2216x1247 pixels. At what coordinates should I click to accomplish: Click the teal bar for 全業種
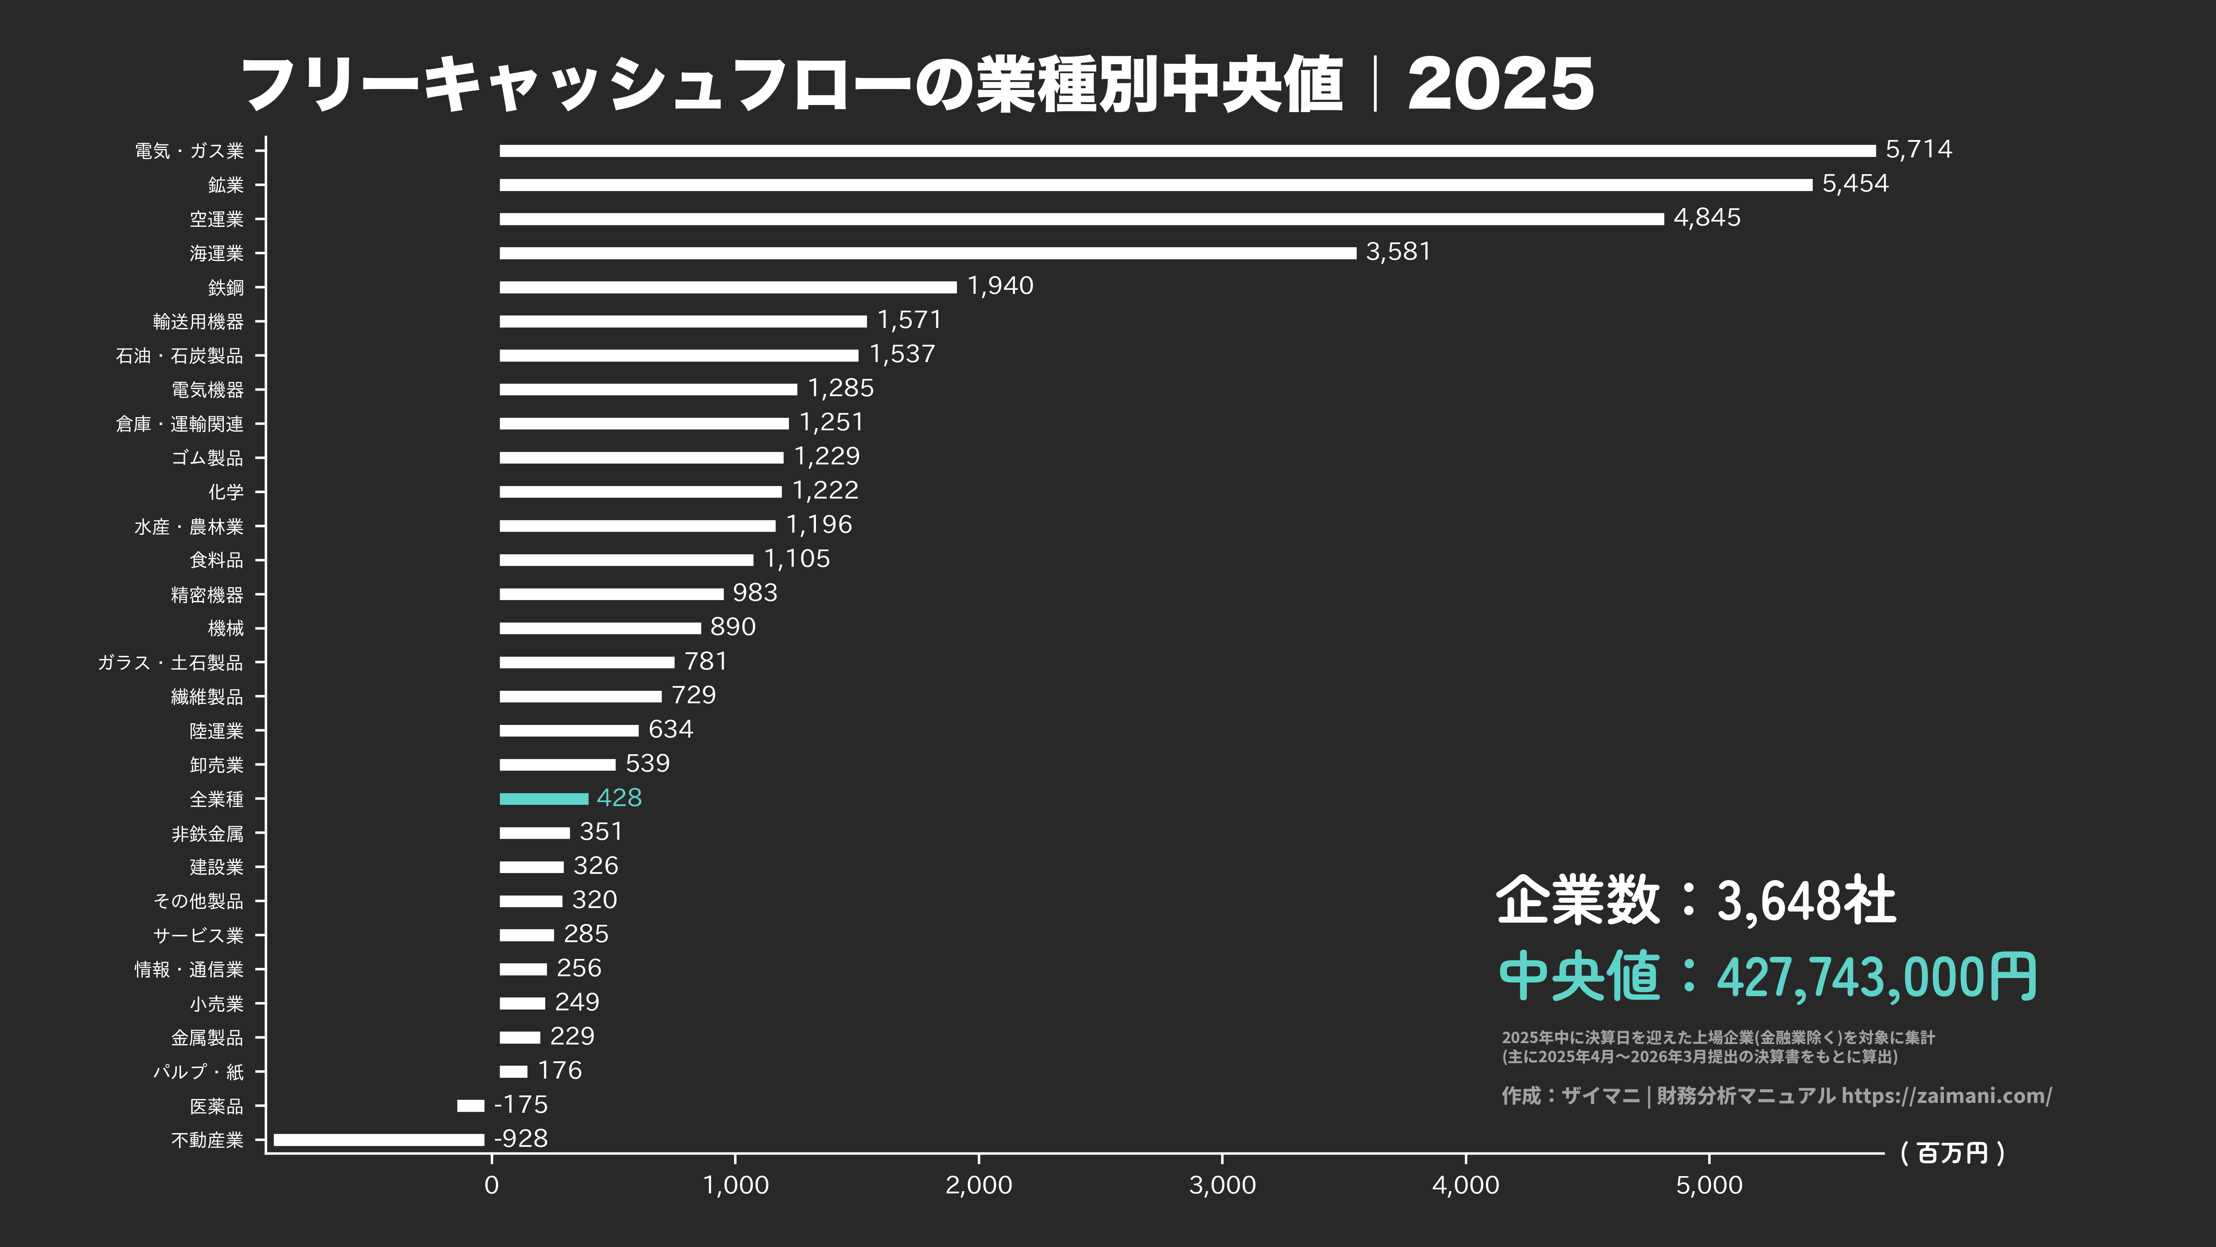point(544,799)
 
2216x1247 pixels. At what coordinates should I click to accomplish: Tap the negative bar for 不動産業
point(378,1140)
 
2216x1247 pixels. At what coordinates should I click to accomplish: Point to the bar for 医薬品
point(471,1106)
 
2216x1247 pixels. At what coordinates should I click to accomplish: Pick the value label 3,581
point(1398,252)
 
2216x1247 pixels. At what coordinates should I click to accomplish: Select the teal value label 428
point(620,798)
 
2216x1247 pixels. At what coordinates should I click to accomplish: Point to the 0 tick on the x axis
point(491,1185)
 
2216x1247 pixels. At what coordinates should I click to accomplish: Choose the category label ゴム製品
point(207,458)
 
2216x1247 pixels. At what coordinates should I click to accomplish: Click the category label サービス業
point(199,935)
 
